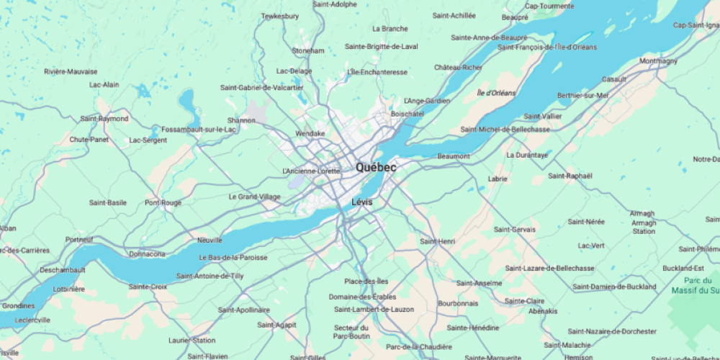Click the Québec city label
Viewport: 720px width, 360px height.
click(x=376, y=167)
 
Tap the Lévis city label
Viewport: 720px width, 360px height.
click(x=362, y=202)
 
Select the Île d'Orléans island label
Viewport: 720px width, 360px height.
click(x=496, y=93)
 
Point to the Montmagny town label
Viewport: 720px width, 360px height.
click(x=658, y=61)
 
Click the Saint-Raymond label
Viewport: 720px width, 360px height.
click(x=104, y=119)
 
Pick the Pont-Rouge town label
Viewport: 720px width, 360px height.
click(x=163, y=203)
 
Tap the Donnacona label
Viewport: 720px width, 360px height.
click(x=147, y=254)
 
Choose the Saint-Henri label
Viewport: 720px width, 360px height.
click(x=438, y=241)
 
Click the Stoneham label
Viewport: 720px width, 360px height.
click(x=308, y=51)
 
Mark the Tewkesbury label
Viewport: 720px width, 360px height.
click(x=279, y=16)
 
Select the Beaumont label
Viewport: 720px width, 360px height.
click(x=454, y=156)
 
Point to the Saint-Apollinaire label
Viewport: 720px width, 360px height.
click(x=243, y=310)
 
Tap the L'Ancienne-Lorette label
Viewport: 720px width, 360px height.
click(x=311, y=171)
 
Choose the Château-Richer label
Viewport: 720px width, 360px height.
click(x=458, y=68)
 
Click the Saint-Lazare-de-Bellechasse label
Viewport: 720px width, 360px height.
click(x=549, y=269)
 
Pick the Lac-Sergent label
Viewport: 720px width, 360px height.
click(x=148, y=140)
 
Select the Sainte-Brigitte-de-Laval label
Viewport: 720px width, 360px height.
click(x=382, y=47)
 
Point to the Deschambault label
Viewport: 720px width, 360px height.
click(x=63, y=270)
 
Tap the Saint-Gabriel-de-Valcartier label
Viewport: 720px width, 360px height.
click(x=261, y=88)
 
